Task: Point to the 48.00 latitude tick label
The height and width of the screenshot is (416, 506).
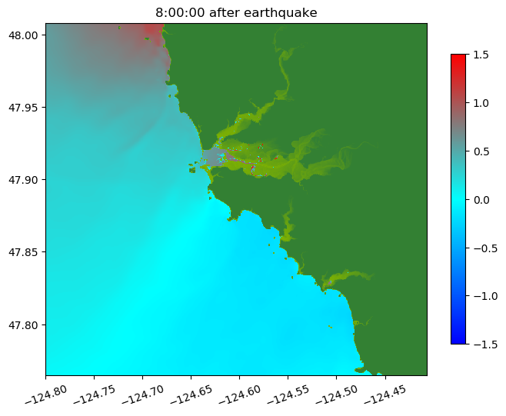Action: pos(25,35)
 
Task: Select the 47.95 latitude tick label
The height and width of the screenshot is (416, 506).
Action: pos(25,108)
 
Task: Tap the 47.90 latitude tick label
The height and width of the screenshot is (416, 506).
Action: pos(25,180)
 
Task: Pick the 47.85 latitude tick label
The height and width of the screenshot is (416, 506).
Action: pos(25,252)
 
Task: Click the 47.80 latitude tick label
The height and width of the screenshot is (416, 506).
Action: pos(25,324)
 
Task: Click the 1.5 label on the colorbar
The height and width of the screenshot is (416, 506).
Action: pos(482,55)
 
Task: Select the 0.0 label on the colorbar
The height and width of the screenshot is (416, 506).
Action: pos(482,199)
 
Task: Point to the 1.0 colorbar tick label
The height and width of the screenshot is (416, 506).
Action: pos(482,103)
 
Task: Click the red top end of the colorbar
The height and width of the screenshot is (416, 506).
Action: pos(458,58)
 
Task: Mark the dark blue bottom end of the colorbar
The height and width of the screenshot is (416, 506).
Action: pos(458,340)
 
